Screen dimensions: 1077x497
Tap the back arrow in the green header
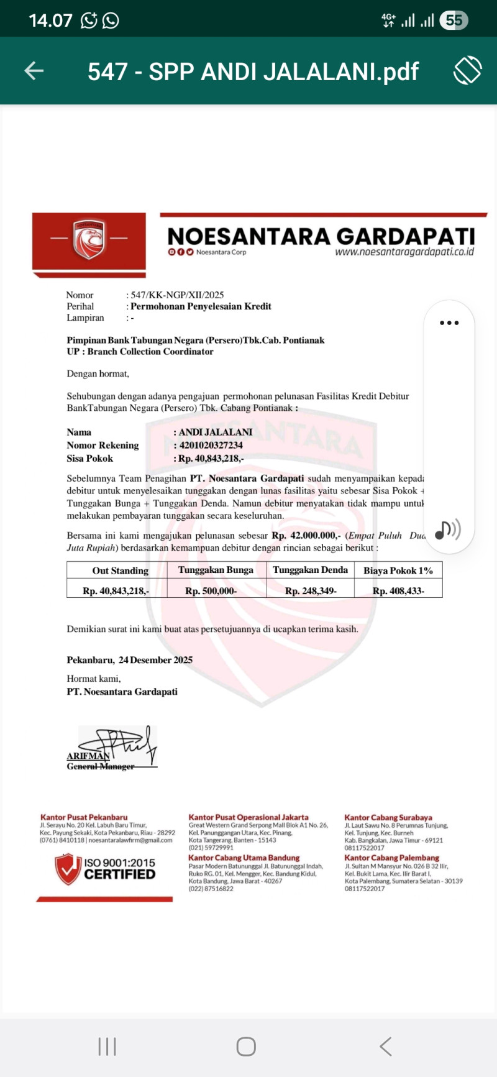click(x=34, y=71)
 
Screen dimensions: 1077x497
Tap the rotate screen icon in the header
click(x=467, y=70)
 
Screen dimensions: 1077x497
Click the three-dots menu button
click(x=449, y=323)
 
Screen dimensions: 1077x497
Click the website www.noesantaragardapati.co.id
click(x=404, y=252)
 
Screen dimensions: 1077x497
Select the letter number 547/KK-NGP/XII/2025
click(x=177, y=295)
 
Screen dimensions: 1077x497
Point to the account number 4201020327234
click(x=211, y=445)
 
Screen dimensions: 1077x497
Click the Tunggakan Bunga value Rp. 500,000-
click(x=211, y=591)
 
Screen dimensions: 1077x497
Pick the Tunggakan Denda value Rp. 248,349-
click(x=311, y=591)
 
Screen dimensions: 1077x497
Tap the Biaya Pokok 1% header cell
click(x=398, y=571)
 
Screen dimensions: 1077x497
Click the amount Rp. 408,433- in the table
click(x=398, y=591)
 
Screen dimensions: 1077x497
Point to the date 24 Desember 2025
click(x=156, y=660)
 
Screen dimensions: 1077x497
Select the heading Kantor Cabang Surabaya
click(x=388, y=818)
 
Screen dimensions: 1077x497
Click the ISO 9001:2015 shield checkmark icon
click(x=68, y=869)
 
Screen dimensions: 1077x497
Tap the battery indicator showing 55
click(x=454, y=21)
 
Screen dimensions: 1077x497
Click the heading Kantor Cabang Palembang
click(x=391, y=858)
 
